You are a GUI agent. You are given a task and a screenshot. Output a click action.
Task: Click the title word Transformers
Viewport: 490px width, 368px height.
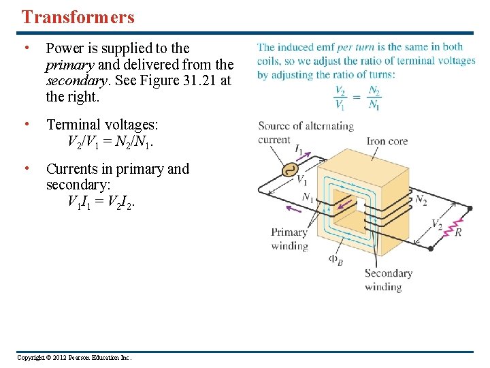(78, 17)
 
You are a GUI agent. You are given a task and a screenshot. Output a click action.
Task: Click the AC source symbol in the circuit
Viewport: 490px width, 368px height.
(289, 170)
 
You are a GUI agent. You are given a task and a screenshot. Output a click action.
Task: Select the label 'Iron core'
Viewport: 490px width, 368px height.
(387, 141)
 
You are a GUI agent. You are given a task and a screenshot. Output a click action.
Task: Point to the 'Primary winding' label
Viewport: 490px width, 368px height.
(289, 239)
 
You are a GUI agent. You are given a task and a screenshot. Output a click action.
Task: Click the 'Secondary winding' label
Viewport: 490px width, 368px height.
(388, 279)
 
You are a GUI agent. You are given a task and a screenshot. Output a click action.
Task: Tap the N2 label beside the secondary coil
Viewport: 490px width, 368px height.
(421, 200)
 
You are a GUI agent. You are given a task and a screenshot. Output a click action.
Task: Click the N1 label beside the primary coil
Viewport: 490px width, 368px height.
(308, 198)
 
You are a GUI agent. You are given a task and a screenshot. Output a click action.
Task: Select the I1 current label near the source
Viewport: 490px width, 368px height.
(299, 149)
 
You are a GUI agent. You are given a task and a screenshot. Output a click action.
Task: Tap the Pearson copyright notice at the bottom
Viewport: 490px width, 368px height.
(74, 358)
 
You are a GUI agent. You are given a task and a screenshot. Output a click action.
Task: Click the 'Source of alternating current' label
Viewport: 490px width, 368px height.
(305, 133)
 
